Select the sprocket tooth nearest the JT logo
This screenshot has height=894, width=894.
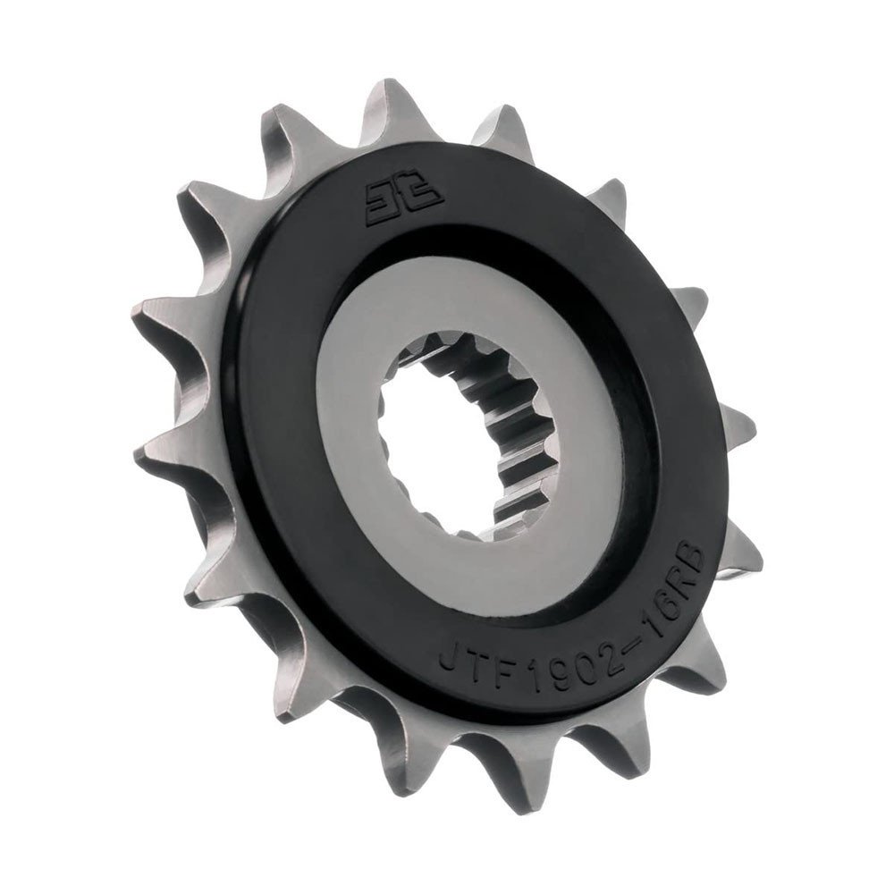tap(393, 107)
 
